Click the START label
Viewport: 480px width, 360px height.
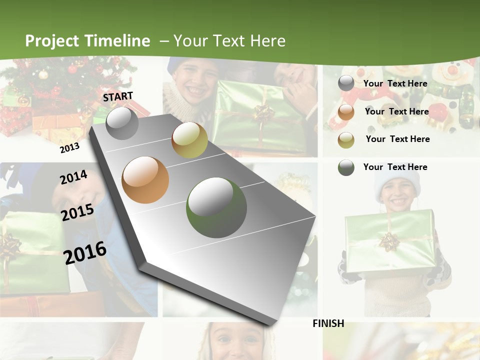tap(118, 96)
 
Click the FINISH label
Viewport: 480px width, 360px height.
tap(328, 323)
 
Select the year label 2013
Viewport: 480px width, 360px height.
tap(69, 147)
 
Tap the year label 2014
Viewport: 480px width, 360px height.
tap(73, 177)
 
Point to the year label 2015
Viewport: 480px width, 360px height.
tap(77, 212)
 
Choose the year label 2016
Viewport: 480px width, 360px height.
tap(85, 252)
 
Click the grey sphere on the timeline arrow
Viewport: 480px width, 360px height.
tap(122, 123)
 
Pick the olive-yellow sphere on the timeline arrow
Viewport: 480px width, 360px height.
tap(189, 140)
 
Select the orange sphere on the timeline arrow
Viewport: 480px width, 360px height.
tap(145, 180)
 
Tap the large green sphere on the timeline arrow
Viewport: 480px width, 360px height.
tap(216, 207)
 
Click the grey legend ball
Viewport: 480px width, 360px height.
tap(346, 83)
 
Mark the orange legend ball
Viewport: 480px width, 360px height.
tap(346, 112)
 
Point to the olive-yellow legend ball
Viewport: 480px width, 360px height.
tap(346, 140)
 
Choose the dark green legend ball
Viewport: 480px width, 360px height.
tap(346, 167)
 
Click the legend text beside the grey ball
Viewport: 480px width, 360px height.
tap(395, 83)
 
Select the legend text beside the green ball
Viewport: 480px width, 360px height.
tap(395, 167)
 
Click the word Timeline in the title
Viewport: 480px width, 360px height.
tap(117, 41)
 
